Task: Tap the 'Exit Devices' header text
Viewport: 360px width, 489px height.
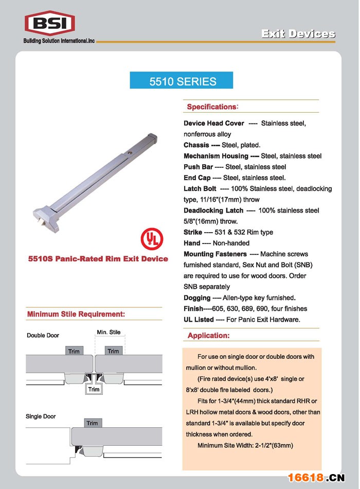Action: coord(298,34)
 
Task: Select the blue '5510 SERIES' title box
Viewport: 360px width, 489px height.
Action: coord(183,81)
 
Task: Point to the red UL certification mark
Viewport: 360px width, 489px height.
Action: coord(152,238)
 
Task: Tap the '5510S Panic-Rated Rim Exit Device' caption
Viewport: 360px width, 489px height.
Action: coord(98,258)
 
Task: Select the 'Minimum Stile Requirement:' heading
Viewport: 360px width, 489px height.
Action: coord(76,314)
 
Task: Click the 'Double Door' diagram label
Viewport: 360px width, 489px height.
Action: coord(43,335)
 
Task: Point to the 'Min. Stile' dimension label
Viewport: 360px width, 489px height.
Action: coord(109,332)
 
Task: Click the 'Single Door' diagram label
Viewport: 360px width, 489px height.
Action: coord(41,416)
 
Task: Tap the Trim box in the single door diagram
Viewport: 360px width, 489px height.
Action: coord(92,423)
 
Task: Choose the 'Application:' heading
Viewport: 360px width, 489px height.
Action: coord(208,336)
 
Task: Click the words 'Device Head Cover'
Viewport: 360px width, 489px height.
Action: coord(214,124)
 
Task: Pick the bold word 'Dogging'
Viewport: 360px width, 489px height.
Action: coord(197,298)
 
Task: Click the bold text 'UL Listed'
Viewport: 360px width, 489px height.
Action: coord(199,319)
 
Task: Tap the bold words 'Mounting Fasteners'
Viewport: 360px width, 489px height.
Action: coord(215,254)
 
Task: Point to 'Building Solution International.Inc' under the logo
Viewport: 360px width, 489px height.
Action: coord(59,41)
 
